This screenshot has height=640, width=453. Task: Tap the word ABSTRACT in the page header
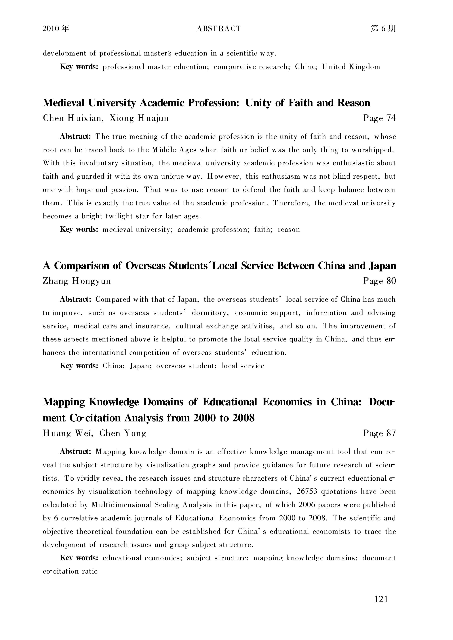click(x=219, y=29)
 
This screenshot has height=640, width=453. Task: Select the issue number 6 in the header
click(x=383, y=28)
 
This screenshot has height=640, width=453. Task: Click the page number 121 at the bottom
click(x=381, y=599)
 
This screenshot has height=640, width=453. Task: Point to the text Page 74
click(x=379, y=118)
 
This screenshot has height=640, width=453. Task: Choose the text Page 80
click(x=379, y=281)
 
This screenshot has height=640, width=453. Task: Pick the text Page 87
click(x=379, y=433)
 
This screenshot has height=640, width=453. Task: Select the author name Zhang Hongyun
click(x=77, y=281)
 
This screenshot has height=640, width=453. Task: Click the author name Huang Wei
click(x=68, y=433)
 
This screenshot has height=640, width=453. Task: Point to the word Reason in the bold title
click(x=354, y=103)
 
